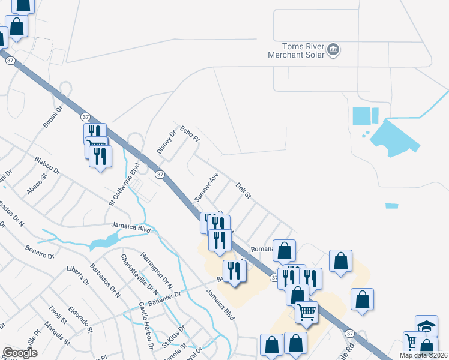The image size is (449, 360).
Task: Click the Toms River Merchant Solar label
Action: tap(296, 50)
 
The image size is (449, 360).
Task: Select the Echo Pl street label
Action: tap(190, 134)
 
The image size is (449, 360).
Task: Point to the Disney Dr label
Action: tap(166, 142)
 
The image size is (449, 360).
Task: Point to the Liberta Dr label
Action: tap(78, 275)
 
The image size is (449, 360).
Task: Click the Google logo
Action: tap(20, 353)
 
